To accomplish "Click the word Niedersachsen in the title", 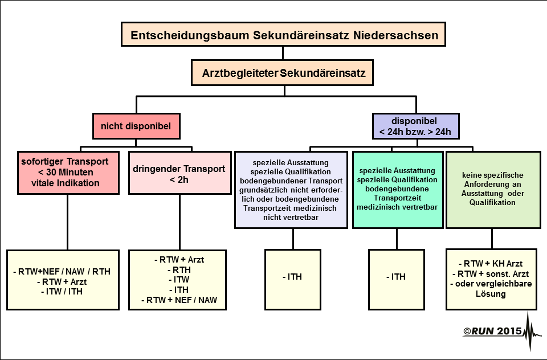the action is (x=395, y=35).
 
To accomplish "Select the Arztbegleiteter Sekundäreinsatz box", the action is (x=282, y=72).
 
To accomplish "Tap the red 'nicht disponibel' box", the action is (x=136, y=126).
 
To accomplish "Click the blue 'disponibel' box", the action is (x=415, y=126).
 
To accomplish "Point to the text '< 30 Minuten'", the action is (x=66, y=173).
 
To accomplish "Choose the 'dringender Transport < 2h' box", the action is (x=179, y=173).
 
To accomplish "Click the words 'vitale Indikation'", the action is (x=66, y=183).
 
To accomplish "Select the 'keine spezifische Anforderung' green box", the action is (x=493, y=190).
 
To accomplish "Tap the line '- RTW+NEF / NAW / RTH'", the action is (x=62, y=272).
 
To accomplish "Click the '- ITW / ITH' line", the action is (x=62, y=292).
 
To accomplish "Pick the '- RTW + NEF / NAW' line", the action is (x=179, y=300).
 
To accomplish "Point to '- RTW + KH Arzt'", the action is (x=491, y=264).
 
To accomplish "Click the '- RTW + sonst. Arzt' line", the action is (x=491, y=274).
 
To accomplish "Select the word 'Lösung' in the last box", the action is (x=491, y=294).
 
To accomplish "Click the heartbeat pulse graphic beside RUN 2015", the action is (x=532, y=332).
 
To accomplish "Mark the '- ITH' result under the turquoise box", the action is (x=396, y=277).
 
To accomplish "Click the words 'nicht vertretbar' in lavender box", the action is (x=291, y=218).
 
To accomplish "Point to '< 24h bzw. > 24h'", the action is (x=415, y=132).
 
